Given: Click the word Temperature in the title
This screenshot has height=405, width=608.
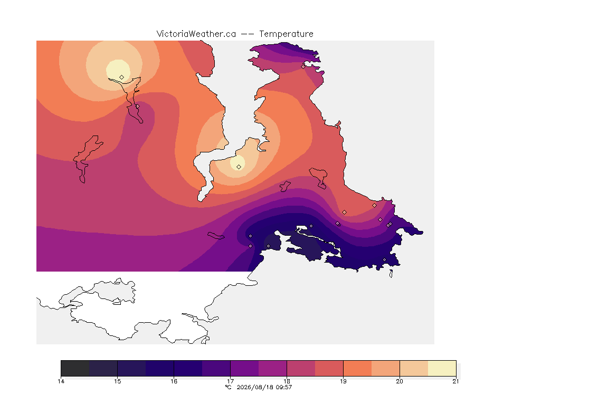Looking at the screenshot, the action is coord(286,34).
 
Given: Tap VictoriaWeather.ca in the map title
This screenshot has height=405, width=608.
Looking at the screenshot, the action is coord(196,34).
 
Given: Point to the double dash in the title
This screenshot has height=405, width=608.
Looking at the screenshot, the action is coord(248,34).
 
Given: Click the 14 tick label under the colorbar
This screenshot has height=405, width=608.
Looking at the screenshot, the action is coord(61,381).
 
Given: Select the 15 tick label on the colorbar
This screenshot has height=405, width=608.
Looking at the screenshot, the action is coord(118,381).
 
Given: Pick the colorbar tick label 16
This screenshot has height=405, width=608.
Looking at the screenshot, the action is coord(174,381).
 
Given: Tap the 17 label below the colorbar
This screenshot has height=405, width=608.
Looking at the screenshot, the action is coord(230,381).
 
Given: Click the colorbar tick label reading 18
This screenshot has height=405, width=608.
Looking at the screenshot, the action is coord(287,381).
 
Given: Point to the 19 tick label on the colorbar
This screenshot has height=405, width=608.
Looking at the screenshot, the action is coord(343,381).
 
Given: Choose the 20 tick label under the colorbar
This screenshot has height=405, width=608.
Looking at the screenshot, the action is coord(400,381).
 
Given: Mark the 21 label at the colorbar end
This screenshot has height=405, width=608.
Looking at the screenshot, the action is coord(455,381).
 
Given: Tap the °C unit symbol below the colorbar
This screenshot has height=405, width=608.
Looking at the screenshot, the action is coord(229,387).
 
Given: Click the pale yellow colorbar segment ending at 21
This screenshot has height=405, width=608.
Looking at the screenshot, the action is coord(442,368).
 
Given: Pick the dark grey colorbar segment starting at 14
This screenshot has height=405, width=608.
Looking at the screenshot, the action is coord(75,368).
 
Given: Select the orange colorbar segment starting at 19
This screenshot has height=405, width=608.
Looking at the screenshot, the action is coord(357,368).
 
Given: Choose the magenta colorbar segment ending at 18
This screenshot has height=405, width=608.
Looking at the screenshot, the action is coord(272,368).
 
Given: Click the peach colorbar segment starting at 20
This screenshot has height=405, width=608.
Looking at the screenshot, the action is coord(414,368).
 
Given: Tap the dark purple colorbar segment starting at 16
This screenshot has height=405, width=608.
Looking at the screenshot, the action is coord(188,368).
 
